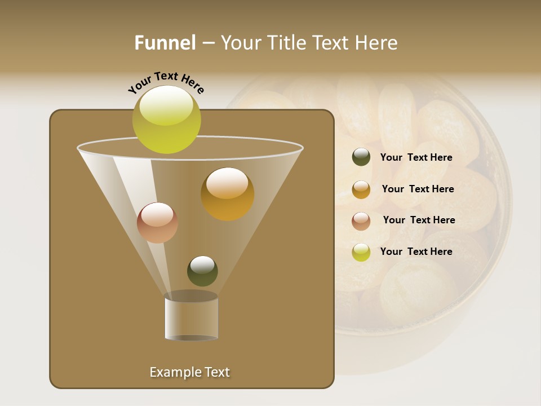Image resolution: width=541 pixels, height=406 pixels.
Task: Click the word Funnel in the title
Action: [165, 43]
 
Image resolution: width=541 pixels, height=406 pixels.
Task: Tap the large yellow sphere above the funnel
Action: [166, 120]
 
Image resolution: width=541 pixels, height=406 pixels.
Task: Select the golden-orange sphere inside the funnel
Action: [227, 194]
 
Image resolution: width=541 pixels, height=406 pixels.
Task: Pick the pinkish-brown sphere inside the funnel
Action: [157, 223]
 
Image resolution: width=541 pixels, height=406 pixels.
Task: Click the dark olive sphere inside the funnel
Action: [202, 271]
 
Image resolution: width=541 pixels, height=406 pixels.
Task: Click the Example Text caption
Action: [189, 372]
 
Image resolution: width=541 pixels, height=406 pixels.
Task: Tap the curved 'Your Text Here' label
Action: [166, 82]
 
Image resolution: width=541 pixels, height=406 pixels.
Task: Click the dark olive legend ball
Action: [361, 157]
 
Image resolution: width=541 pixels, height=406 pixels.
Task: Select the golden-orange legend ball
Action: [361, 189]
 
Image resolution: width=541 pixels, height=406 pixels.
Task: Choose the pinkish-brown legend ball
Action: [361, 221]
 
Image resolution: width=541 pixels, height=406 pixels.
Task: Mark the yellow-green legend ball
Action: [361, 252]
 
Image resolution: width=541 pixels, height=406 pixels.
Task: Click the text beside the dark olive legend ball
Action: [416, 158]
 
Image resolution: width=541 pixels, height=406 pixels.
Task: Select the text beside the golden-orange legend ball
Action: [418, 189]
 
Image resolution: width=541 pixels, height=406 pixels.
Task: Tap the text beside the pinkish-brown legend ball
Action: [419, 220]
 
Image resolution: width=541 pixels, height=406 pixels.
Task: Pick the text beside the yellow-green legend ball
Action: [416, 251]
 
